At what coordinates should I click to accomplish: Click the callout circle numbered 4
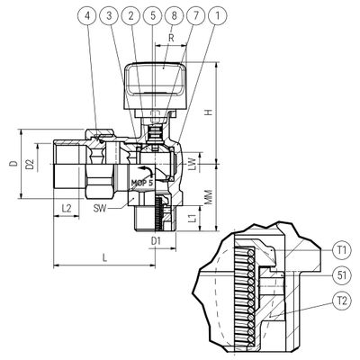click(x=87, y=15)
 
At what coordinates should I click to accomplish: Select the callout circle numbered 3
click(x=109, y=15)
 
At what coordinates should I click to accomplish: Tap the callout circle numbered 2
click(x=130, y=15)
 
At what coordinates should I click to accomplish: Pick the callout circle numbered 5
click(x=153, y=15)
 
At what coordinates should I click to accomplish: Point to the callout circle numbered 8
click(x=175, y=15)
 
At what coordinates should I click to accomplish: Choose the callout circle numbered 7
click(x=196, y=15)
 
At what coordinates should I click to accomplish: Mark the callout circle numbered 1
click(x=218, y=15)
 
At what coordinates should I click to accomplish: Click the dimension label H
click(x=209, y=112)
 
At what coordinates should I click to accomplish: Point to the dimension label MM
click(x=209, y=197)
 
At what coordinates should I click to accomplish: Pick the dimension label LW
click(x=194, y=164)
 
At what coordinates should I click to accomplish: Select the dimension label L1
click(x=194, y=218)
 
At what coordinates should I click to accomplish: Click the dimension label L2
click(x=67, y=208)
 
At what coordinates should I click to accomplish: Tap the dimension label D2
click(x=30, y=164)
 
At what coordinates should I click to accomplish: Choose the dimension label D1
click(x=156, y=240)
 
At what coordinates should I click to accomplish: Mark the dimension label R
click(x=171, y=38)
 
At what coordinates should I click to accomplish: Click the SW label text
click(x=100, y=208)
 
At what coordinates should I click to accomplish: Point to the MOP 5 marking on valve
click(x=142, y=183)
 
